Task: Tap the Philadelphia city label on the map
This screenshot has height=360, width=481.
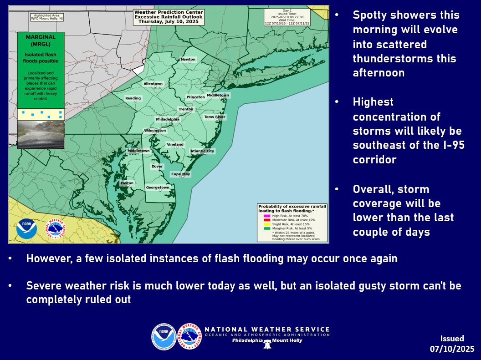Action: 168,120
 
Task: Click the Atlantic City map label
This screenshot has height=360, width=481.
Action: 202,151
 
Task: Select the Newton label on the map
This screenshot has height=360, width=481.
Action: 188,60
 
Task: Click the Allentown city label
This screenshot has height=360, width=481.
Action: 153,84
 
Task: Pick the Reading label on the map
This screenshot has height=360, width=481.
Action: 133,98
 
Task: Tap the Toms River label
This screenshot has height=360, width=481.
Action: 215,117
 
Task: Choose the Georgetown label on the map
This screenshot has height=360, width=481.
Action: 158,188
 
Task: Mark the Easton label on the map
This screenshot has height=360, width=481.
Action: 127,183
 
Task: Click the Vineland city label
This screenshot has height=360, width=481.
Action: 175,145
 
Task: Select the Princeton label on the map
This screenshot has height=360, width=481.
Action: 196,97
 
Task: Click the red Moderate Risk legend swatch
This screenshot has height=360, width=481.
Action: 267,219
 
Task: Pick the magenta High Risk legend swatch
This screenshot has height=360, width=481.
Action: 267,215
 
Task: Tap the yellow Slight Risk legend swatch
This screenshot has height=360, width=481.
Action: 267,223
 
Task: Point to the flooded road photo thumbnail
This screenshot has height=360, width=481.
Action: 41,134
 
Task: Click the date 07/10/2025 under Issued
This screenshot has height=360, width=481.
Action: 452,349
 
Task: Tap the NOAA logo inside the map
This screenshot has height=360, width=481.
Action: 26,229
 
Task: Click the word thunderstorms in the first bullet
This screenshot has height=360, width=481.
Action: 404,59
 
